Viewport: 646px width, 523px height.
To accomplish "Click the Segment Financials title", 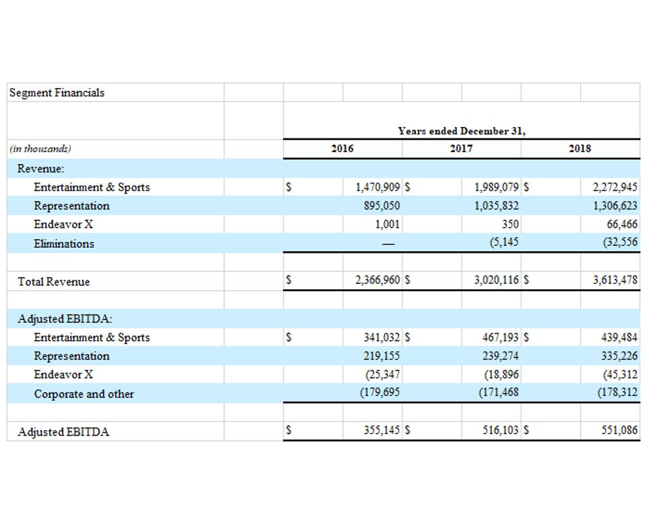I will pyautogui.click(x=57, y=93).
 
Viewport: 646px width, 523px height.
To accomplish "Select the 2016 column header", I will pyautogui.click(x=342, y=149).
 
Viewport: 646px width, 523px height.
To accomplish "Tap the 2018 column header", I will pyautogui.click(x=579, y=149).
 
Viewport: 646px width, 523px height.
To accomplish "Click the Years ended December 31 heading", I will pyautogui.click(x=461, y=131).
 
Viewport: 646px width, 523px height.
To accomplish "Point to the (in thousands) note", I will pyautogui.click(x=40, y=149).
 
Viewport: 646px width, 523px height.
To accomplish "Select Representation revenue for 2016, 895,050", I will pyautogui.click(x=382, y=206).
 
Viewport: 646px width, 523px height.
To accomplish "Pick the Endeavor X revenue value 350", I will pyautogui.click(x=510, y=225).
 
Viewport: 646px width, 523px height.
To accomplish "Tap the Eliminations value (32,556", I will pyautogui.click(x=620, y=243).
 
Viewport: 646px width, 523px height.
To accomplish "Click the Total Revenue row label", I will pyautogui.click(x=53, y=282).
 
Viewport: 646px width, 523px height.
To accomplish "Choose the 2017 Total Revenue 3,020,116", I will pyautogui.click(x=496, y=281).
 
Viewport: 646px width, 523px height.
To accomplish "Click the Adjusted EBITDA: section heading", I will pyautogui.click(x=65, y=319).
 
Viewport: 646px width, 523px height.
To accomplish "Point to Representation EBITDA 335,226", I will pyautogui.click(x=618, y=356).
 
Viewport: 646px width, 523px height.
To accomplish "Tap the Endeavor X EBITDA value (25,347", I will pyautogui.click(x=382, y=374).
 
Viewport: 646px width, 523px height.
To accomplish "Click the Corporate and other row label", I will pyautogui.click(x=83, y=394).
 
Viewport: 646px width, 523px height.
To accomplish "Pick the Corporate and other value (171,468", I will pyautogui.click(x=498, y=393).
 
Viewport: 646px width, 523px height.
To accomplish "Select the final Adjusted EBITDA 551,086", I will pyautogui.click(x=618, y=431).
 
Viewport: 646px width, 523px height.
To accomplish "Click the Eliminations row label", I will pyautogui.click(x=64, y=243).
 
